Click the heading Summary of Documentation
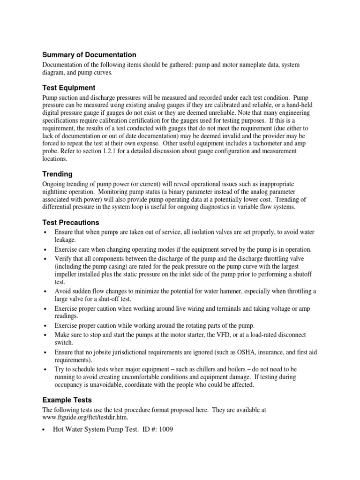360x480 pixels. coord(89,55)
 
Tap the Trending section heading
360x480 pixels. coord(58,174)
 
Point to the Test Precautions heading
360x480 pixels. coord(71,222)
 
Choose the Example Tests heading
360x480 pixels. coord(67,400)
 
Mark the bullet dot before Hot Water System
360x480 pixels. coord(45,429)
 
